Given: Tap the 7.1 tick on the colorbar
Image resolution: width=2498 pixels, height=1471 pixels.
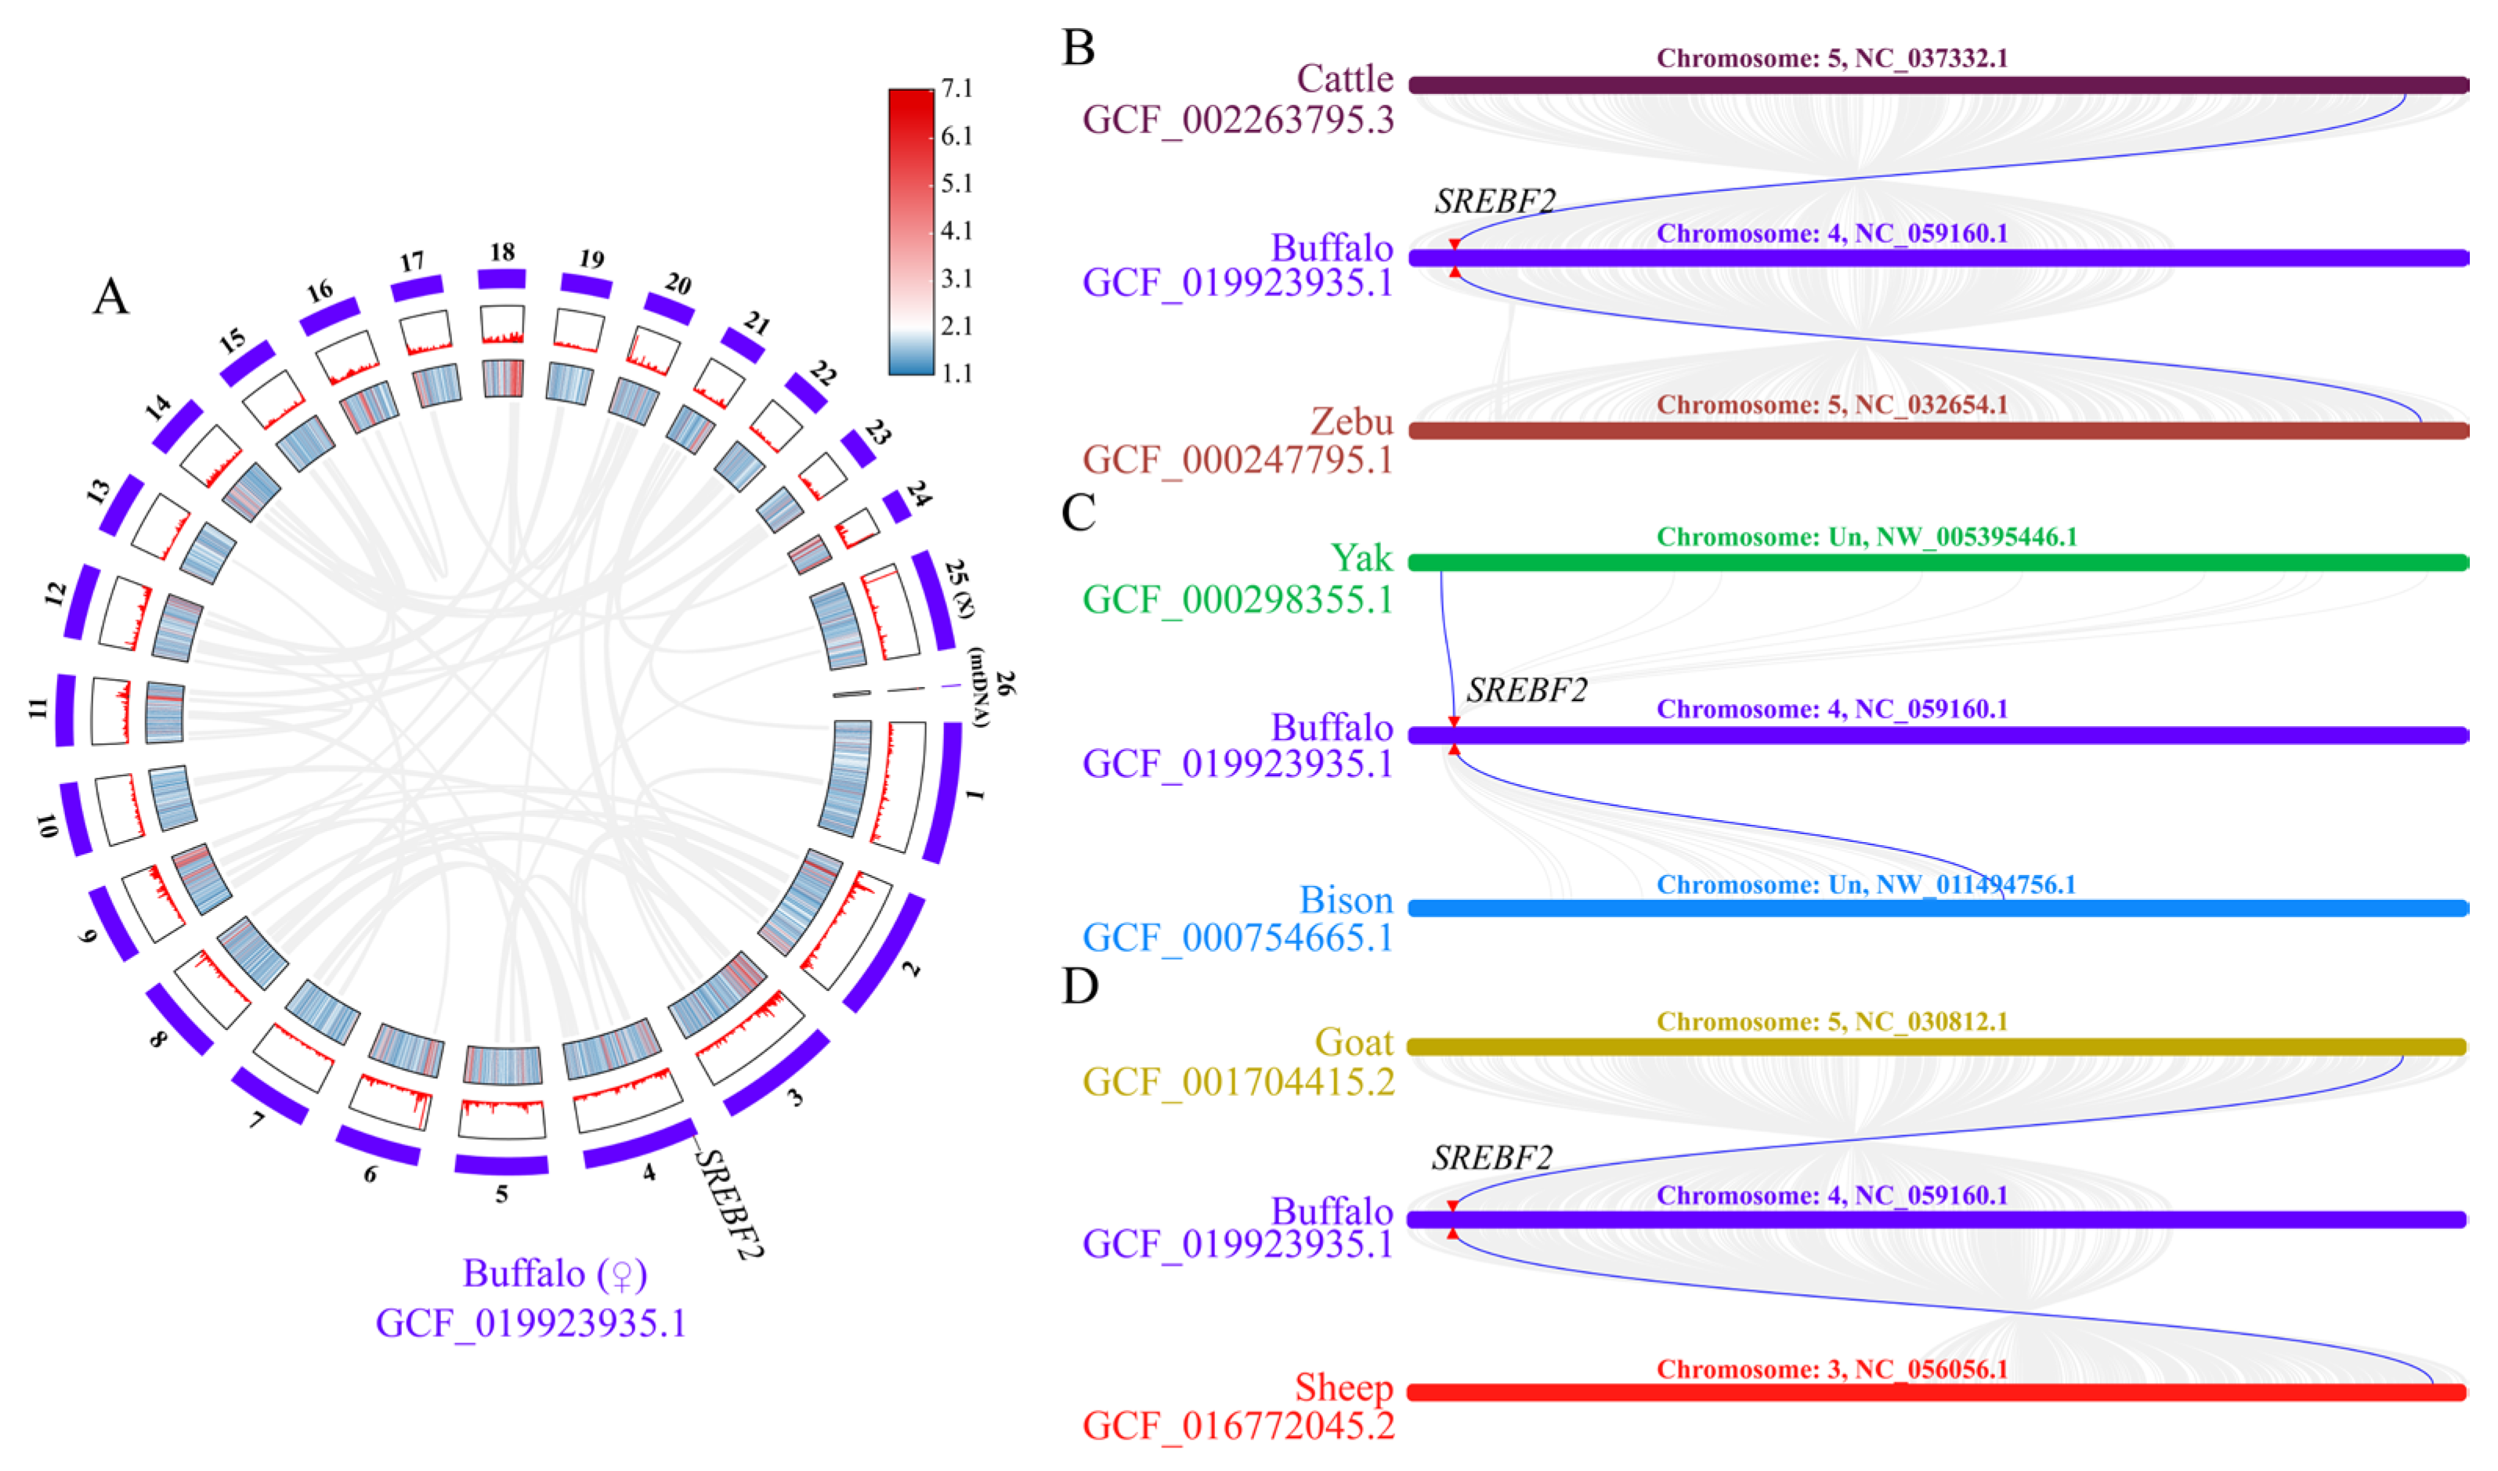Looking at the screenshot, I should point(956,89).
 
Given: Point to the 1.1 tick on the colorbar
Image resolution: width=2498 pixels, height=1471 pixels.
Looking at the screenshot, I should point(956,373).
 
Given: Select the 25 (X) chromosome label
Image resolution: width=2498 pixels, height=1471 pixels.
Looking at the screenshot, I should point(959,587).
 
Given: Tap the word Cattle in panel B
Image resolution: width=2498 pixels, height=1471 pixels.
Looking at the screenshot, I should point(1344,78).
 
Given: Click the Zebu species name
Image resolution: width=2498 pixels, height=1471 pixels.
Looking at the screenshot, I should point(1351,421).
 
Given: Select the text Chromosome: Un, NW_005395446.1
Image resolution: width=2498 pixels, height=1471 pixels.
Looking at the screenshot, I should point(1866,537).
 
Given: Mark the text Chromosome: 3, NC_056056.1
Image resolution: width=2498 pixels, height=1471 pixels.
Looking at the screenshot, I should point(1832,1369).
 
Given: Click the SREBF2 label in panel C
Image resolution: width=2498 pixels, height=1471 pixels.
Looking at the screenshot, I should point(1527,690).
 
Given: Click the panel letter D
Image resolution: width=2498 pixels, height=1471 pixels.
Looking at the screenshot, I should point(1079,986).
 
